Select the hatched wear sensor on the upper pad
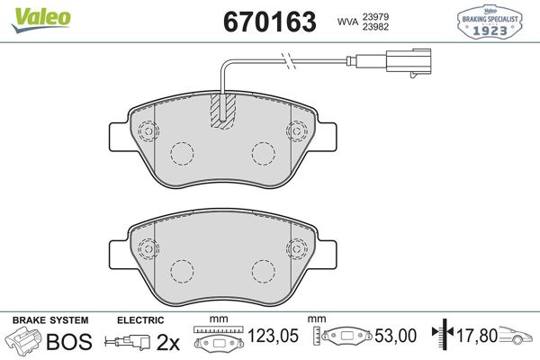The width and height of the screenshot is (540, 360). click(221, 111)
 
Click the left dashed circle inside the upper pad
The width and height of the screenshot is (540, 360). click(183, 154)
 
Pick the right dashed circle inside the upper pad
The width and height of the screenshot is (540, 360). click(263, 154)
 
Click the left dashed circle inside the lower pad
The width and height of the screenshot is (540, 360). click(183, 269)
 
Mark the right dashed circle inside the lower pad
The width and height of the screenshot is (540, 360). click(263, 269)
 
